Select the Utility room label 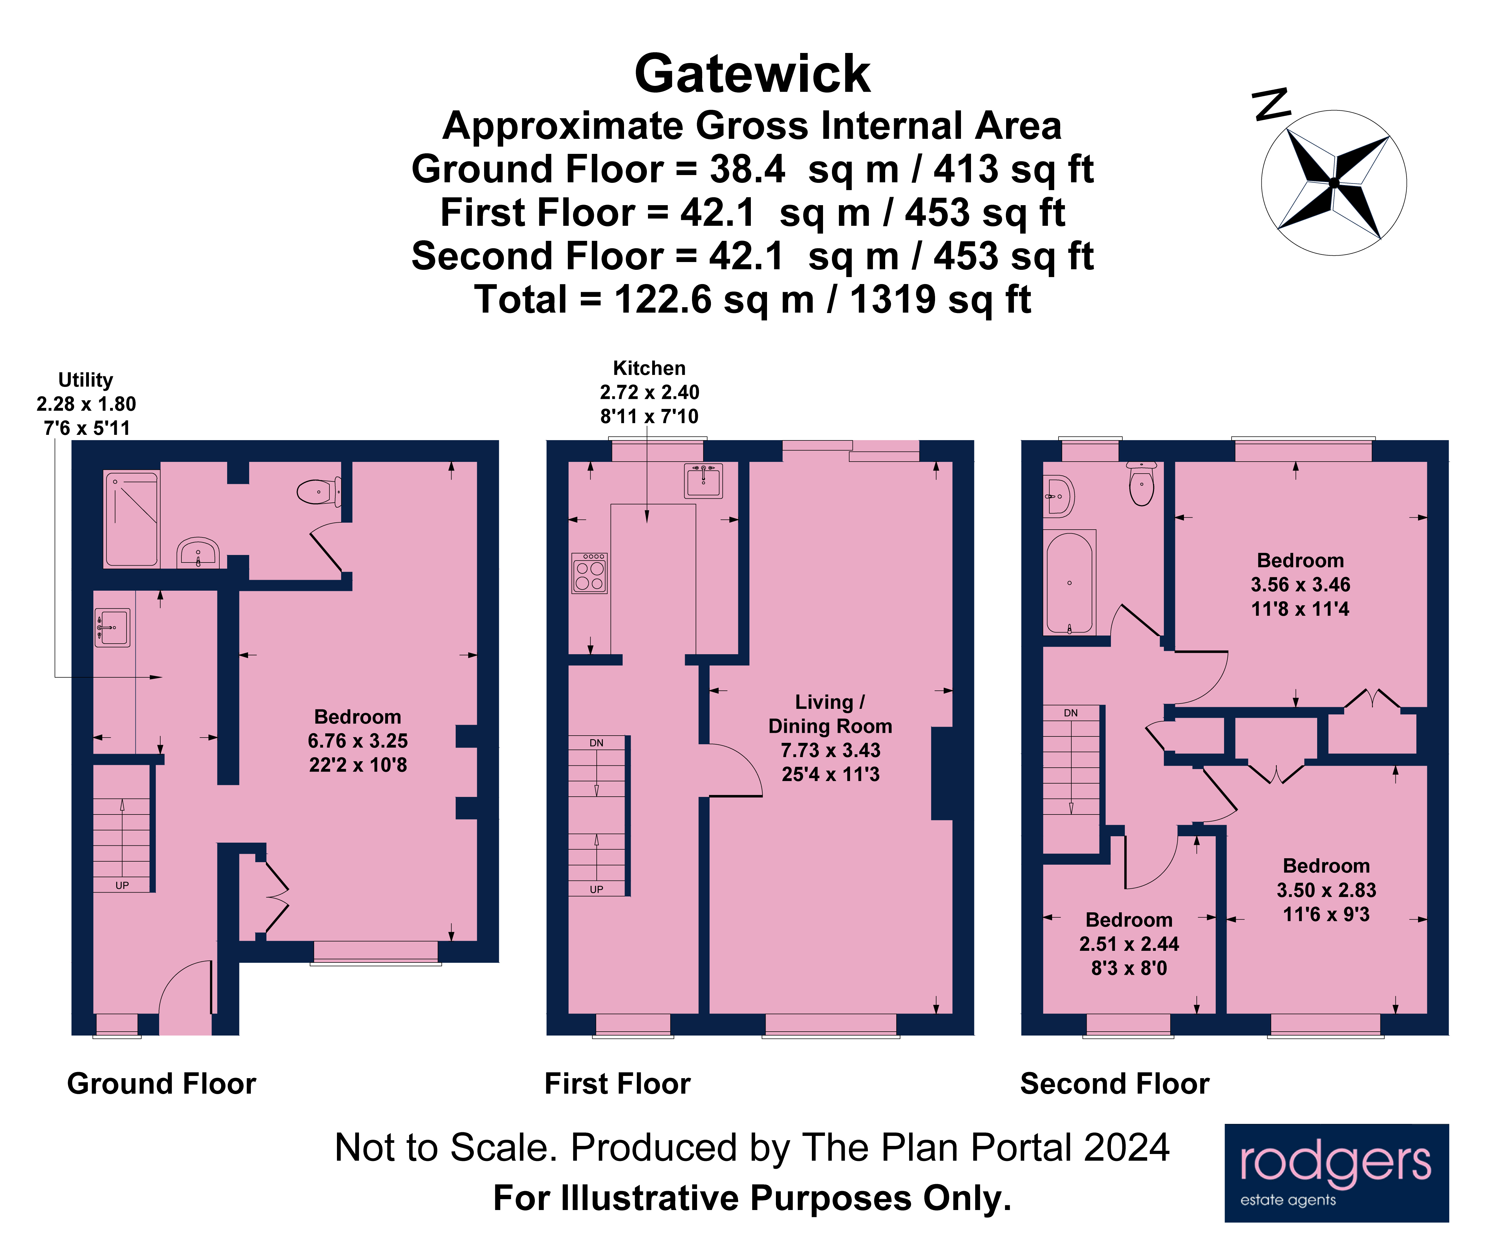85,380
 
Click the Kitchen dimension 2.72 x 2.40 649,392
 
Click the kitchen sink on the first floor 703,481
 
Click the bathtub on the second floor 1069,582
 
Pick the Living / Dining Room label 830,714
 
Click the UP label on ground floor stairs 122,885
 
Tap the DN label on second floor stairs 1071,712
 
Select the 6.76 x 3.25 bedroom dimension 358,741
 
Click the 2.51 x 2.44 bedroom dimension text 1129,944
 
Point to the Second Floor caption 1115,1083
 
